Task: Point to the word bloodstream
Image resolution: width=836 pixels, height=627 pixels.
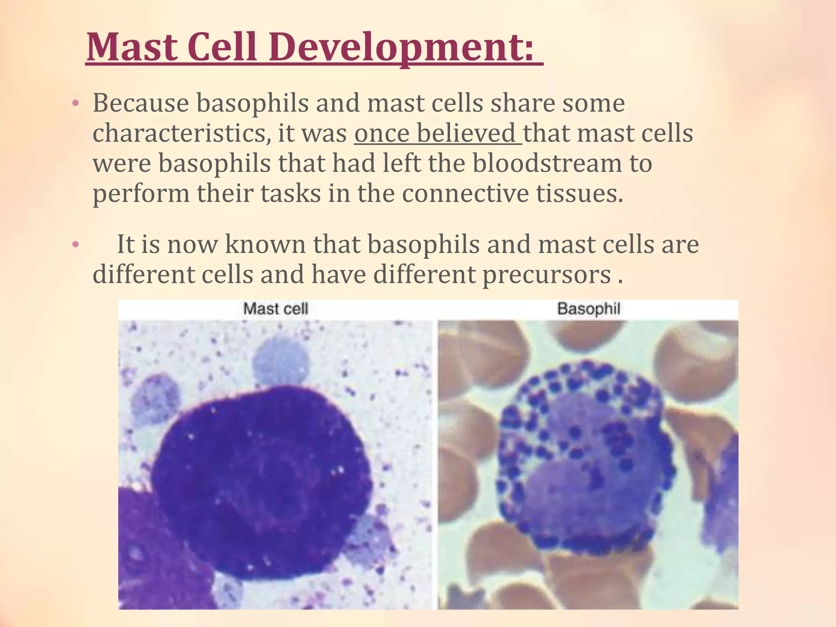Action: [547, 163]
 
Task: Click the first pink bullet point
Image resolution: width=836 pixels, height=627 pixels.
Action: [75, 104]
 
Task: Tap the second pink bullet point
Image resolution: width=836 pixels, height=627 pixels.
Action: [75, 245]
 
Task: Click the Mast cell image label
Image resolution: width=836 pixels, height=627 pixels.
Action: [275, 309]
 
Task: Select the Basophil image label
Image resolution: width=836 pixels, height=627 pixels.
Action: [588, 309]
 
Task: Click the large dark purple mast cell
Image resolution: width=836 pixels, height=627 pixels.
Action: [261, 482]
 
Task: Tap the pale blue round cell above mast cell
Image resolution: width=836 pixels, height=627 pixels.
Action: [280, 361]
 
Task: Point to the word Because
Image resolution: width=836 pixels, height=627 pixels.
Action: [140, 103]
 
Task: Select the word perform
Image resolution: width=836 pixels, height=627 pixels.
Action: [141, 194]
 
